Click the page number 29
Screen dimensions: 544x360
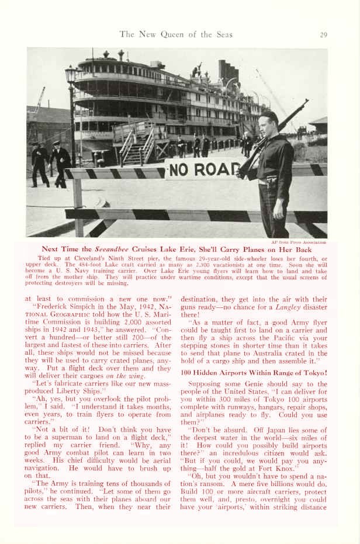tap(323, 34)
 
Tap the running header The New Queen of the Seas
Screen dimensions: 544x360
tap(176, 34)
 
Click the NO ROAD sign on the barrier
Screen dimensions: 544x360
tap(202, 170)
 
